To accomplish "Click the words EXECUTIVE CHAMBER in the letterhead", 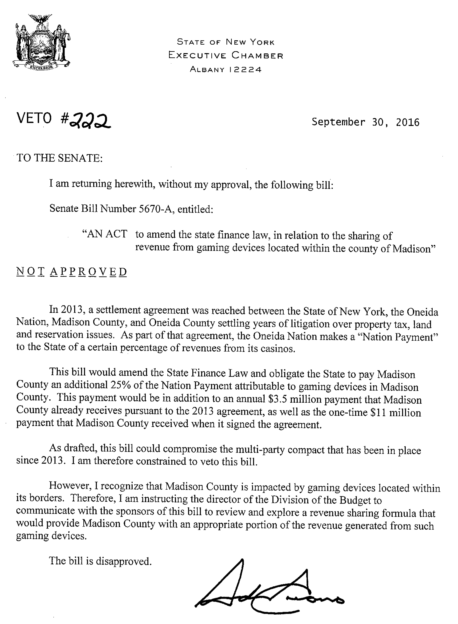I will (x=226, y=56).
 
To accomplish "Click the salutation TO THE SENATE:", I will (x=60, y=158).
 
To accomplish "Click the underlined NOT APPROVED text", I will (x=72, y=272).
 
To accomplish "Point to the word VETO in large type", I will (x=34, y=118).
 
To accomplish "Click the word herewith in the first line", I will (x=134, y=184).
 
